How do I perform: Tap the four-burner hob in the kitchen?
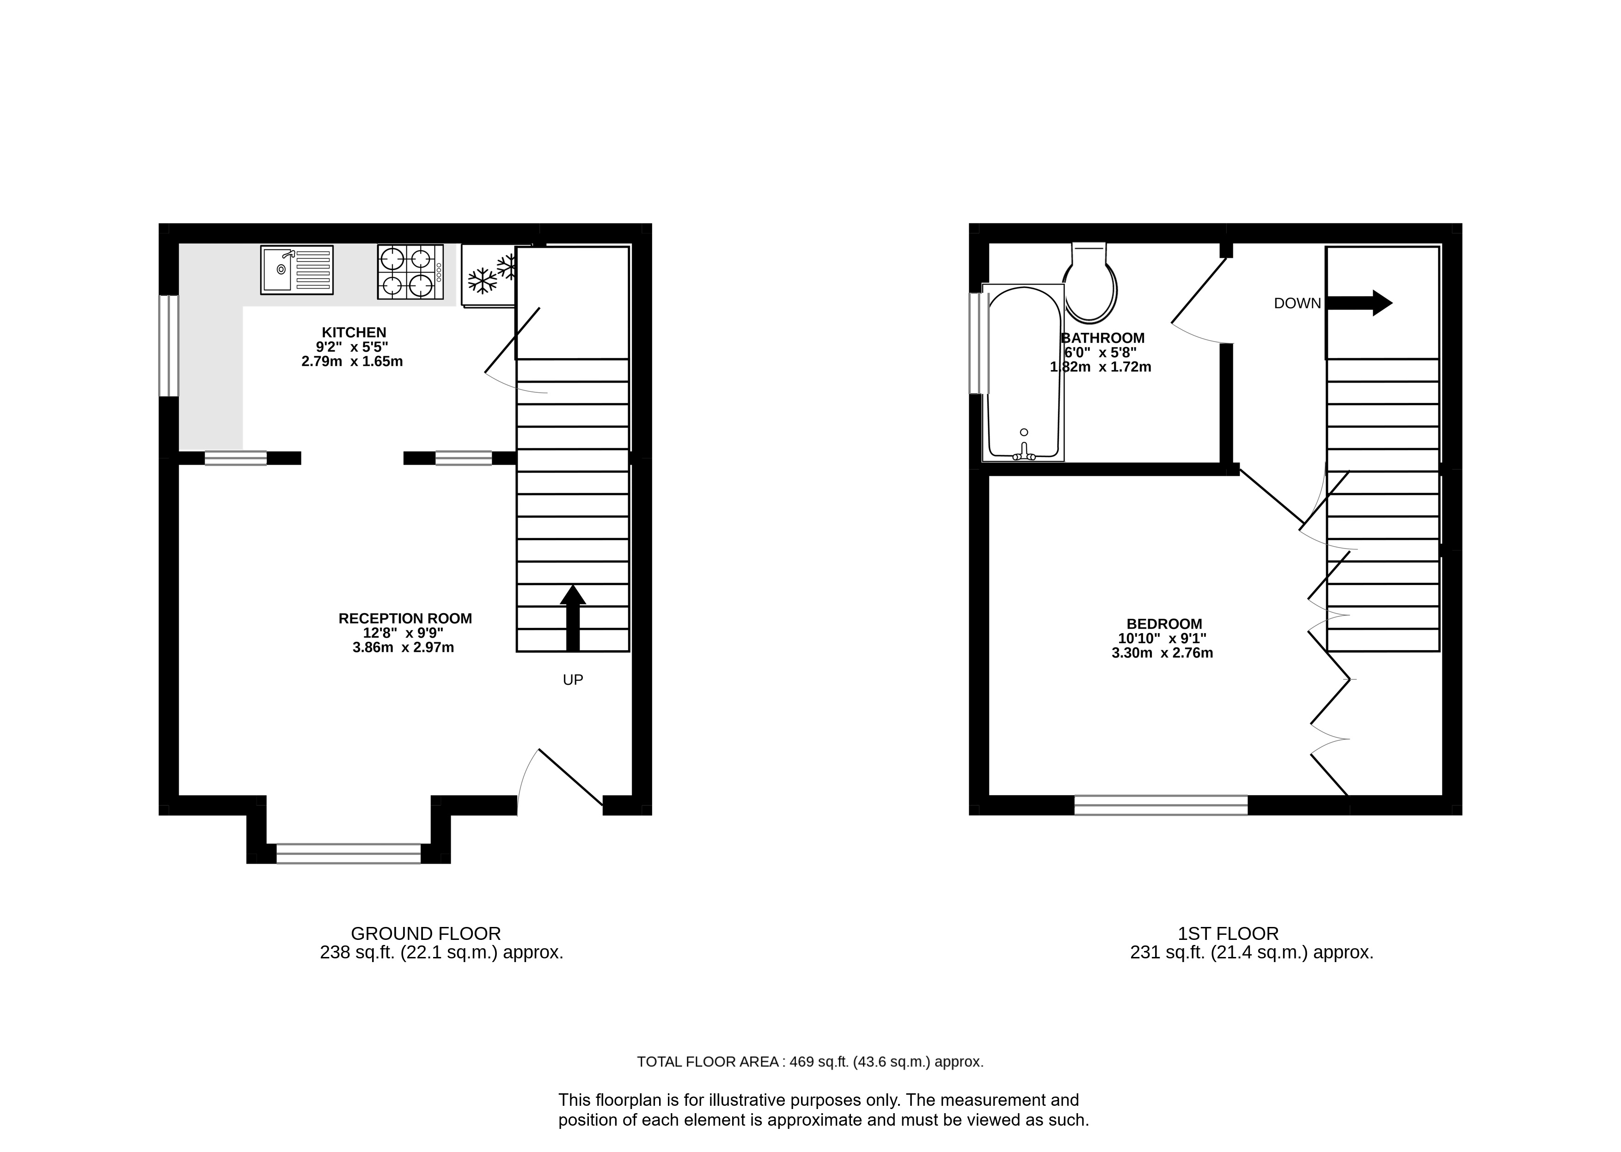pyautogui.click(x=410, y=272)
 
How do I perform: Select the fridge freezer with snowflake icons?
pyautogui.click(x=488, y=275)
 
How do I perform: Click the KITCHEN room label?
pyautogui.click(x=354, y=332)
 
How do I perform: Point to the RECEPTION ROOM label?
pyautogui.click(x=405, y=619)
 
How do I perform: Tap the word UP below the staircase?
pyautogui.click(x=573, y=680)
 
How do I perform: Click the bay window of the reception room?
pyautogui.click(x=349, y=853)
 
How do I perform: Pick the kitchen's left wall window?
pyautogui.click(x=169, y=346)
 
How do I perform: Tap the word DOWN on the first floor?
pyautogui.click(x=1297, y=304)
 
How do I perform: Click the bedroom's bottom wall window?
pyautogui.click(x=1161, y=805)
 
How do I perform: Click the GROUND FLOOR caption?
pyautogui.click(x=426, y=933)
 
